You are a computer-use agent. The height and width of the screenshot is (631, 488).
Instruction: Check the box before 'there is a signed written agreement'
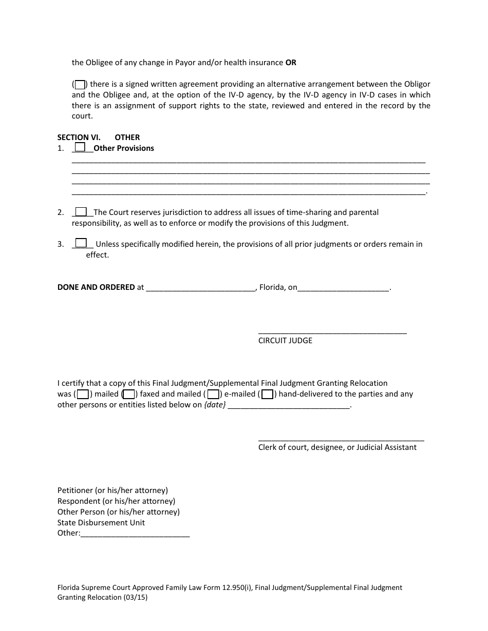click(80, 85)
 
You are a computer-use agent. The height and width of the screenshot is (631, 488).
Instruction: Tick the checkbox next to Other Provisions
click(80, 147)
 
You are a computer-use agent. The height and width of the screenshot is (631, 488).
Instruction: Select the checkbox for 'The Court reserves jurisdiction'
click(81, 212)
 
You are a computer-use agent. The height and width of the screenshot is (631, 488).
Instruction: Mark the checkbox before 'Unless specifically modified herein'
click(81, 244)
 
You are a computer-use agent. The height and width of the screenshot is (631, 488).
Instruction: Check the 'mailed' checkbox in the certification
click(83, 395)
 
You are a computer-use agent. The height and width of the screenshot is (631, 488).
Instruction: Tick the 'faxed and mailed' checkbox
click(129, 395)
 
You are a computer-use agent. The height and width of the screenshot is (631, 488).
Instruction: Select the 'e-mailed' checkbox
click(213, 395)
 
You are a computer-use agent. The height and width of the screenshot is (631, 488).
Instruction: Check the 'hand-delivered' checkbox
click(267, 395)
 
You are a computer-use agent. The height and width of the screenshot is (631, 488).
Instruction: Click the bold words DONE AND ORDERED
click(96, 287)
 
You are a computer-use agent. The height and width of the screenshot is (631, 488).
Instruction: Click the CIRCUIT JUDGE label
click(285, 341)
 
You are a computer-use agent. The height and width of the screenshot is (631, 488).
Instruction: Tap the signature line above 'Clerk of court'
click(341, 440)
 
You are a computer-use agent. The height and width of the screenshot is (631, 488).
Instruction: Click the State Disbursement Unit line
click(101, 523)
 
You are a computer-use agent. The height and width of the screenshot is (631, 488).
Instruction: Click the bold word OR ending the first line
click(291, 63)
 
